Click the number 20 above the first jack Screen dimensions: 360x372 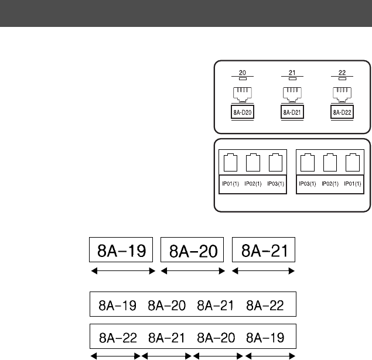click(243, 73)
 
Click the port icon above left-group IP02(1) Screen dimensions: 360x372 click(252, 161)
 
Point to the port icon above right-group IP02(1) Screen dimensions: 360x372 click(331, 161)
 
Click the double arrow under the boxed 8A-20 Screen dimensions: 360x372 click(193, 271)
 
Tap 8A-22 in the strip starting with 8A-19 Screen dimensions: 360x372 click(267, 304)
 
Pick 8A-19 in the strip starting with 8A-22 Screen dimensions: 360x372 click(267, 337)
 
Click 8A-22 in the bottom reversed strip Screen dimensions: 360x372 click(119, 337)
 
